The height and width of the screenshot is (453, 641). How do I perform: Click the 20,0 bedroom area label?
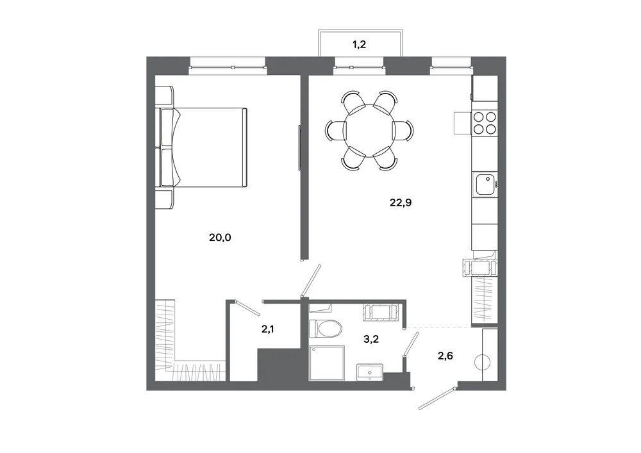point(220,237)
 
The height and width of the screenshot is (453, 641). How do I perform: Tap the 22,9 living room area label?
point(401,202)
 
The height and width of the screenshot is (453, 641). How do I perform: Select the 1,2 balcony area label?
point(360,44)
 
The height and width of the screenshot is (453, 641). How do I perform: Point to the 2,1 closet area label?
point(268,329)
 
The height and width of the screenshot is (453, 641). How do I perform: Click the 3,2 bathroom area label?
point(370,338)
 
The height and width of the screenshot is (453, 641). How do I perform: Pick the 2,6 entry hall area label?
point(445,356)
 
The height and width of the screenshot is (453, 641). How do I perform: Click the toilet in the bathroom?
point(325,329)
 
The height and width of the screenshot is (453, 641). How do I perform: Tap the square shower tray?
point(327,363)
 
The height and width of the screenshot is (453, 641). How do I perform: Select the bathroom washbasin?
point(370,372)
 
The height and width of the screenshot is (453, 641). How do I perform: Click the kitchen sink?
point(485,185)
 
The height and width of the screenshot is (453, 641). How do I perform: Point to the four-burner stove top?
point(485,124)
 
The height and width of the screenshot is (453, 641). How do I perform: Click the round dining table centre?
point(369,131)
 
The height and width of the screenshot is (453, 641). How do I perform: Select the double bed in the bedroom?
point(201,147)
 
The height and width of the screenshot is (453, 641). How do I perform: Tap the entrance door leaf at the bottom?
point(437,397)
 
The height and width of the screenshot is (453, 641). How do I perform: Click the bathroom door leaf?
point(411,343)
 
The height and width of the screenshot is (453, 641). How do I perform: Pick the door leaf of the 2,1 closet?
point(247,308)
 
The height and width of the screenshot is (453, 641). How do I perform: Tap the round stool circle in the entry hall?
point(482,362)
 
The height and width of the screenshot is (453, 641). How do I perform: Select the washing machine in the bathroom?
point(381,312)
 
